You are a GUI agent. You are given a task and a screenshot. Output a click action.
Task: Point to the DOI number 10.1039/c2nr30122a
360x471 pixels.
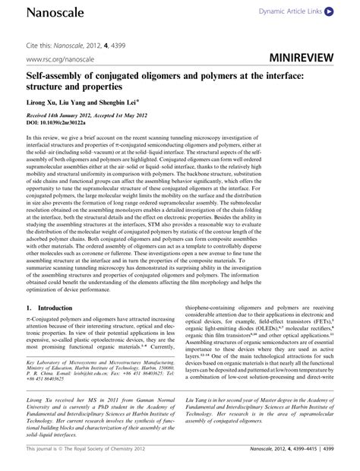(x=78, y=122)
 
